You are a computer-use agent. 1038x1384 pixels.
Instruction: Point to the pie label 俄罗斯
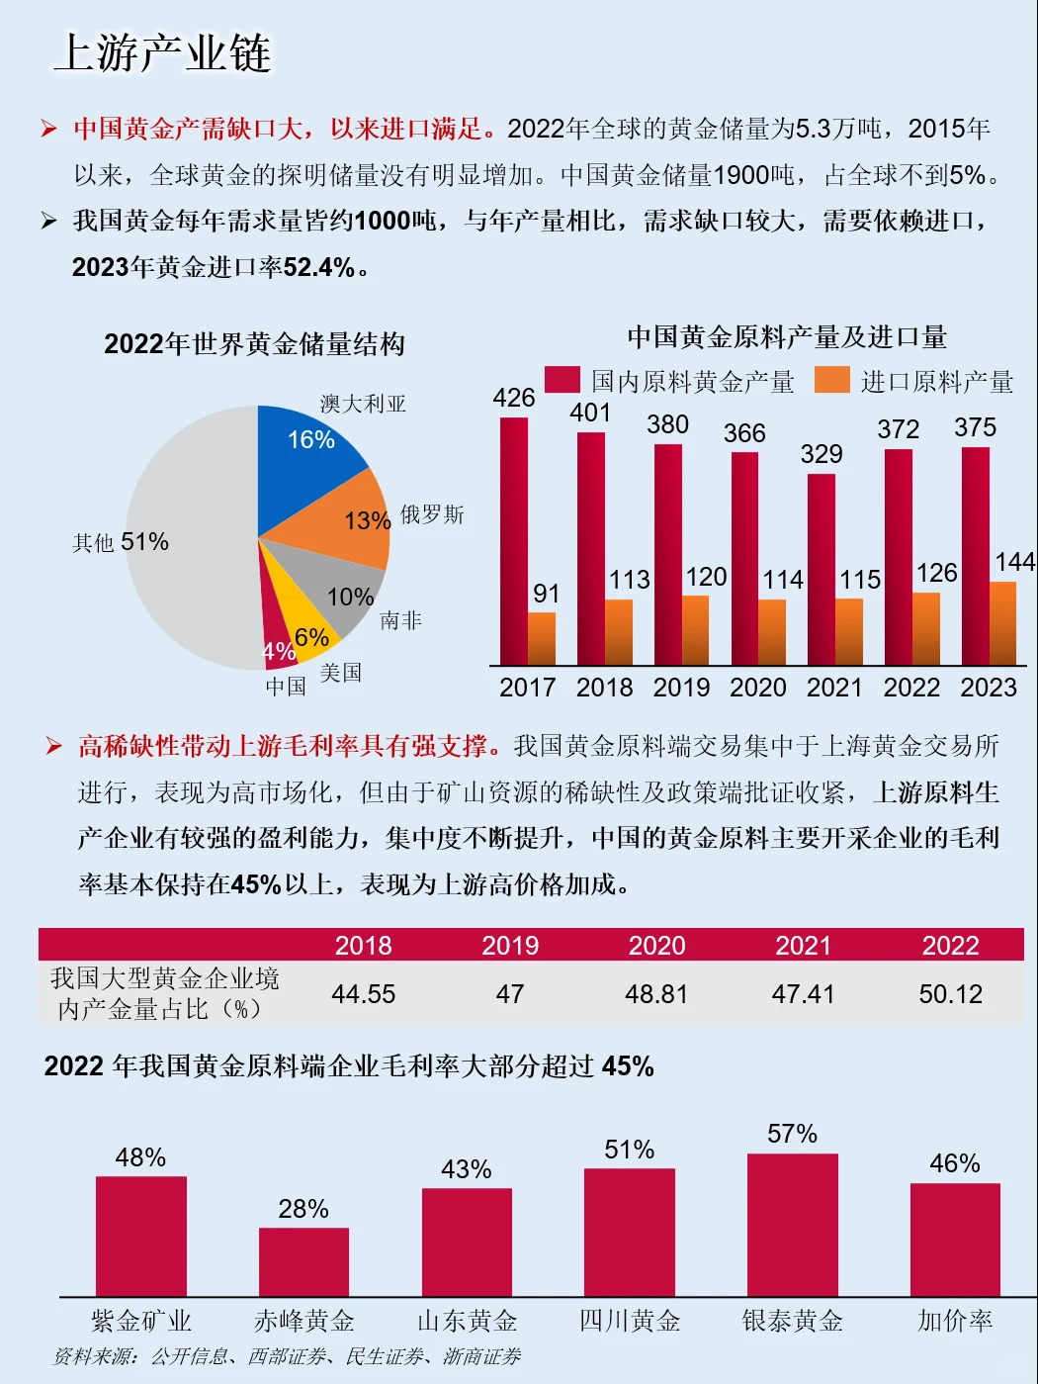(x=432, y=514)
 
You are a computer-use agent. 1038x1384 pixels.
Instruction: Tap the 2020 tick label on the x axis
(x=757, y=688)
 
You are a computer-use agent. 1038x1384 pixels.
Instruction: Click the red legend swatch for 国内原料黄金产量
(x=562, y=380)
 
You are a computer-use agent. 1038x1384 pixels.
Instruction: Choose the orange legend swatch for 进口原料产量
(x=831, y=380)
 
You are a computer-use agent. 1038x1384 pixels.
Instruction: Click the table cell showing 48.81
(x=656, y=994)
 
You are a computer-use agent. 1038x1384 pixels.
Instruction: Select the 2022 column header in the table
(x=950, y=946)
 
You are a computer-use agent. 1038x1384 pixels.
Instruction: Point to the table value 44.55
(x=363, y=994)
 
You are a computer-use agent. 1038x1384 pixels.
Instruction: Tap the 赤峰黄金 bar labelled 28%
(x=303, y=1261)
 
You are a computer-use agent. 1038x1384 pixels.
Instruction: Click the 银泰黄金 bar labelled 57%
(x=792, y=1225)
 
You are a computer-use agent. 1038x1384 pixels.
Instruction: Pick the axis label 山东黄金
(x=467, y=1321)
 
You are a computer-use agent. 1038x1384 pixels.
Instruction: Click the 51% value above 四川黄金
(x=630, y=1150)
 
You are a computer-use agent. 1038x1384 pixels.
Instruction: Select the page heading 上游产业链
(x=162, y=53)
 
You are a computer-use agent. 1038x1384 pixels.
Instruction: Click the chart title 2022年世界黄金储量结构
(x=254, y=344)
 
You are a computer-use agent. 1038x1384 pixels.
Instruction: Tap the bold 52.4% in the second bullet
(x=318, y=267)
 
